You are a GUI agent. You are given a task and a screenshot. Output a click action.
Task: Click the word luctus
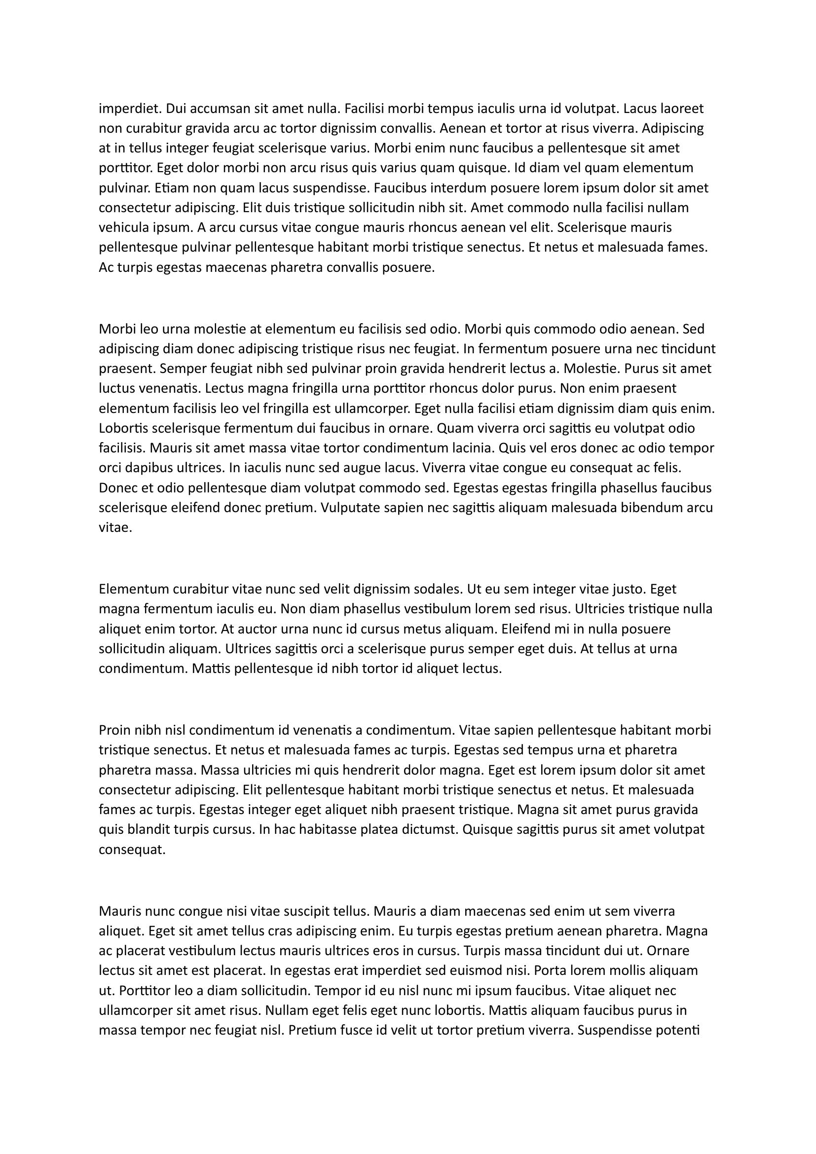click(114, 388)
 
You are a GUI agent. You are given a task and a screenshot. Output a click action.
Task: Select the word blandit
click(146, 829)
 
